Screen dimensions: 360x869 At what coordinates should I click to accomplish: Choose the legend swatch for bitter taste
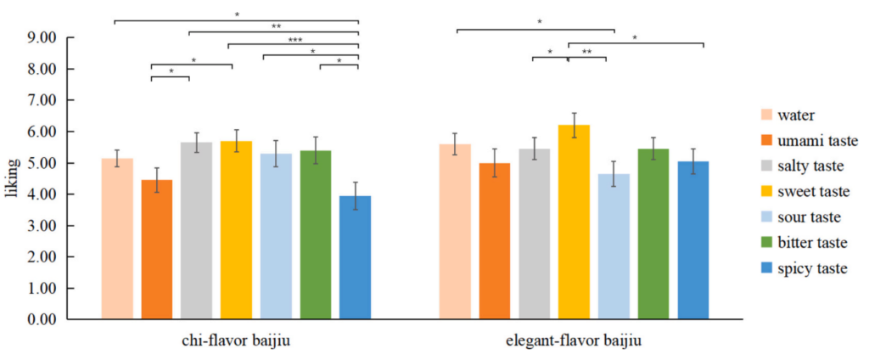(x=765, y=243)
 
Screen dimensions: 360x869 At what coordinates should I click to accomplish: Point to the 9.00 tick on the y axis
(x=66, y=37)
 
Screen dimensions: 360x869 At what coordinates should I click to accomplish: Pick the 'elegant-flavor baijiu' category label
(x=574, y=341)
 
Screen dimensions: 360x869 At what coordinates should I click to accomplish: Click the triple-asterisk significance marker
(x=294, y=39)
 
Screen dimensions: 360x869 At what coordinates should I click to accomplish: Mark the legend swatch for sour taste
(x=765, y=217)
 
